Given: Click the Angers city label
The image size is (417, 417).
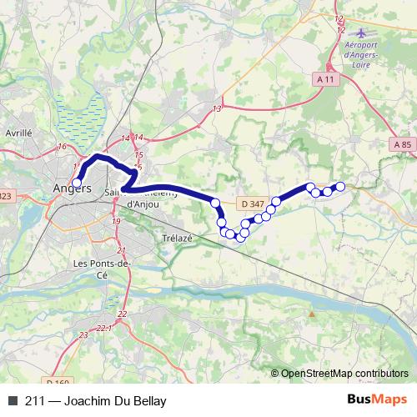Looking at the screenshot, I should pos(73,188).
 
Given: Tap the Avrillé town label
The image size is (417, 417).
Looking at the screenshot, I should pos(18,132).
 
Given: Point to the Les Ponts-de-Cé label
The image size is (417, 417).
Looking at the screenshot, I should pos(103,269).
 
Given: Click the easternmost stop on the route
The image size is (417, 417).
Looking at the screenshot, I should pos(340,186).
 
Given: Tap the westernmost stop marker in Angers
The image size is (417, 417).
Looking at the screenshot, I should pos(77,183).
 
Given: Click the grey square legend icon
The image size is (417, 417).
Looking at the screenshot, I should pos(12,401).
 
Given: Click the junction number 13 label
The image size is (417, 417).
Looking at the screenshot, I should pos(217,108).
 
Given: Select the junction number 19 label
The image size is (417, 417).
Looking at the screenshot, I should pos(116,220).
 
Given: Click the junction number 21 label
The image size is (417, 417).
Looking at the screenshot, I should pos(121,250).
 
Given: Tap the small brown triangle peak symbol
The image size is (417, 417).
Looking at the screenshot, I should pos(311,314).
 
